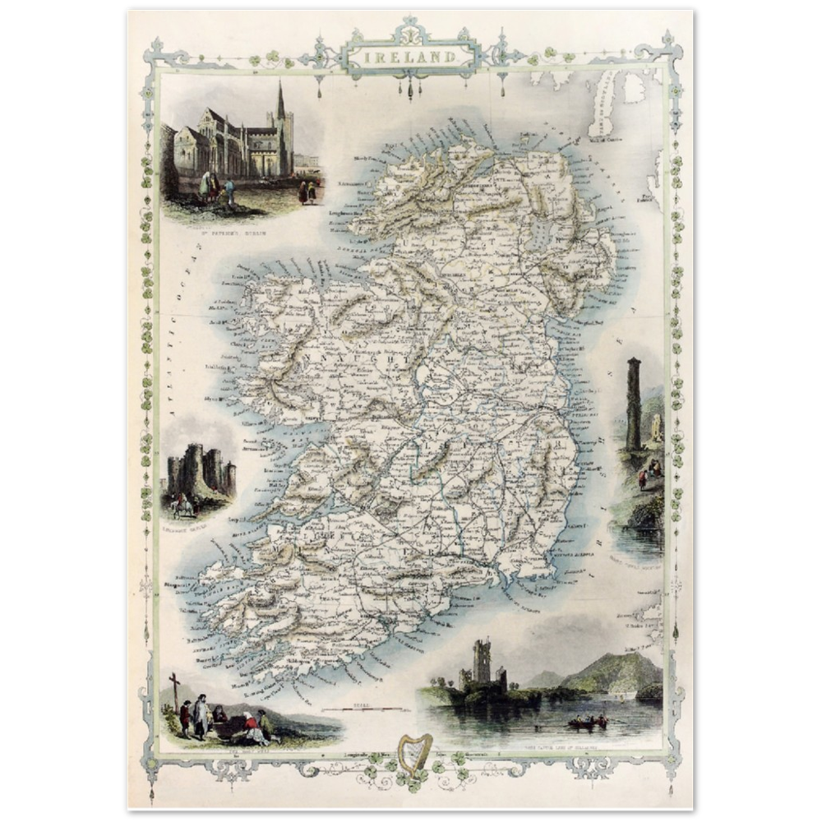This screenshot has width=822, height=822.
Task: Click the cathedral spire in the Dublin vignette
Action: pos(280,103)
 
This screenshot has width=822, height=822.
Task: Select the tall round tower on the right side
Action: pos(633,403)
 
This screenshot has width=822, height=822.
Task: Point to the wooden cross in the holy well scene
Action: pos(174,690)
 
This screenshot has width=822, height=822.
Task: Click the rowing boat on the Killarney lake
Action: pos(589,723)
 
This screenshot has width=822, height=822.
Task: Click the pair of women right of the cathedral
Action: pos(307,192)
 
